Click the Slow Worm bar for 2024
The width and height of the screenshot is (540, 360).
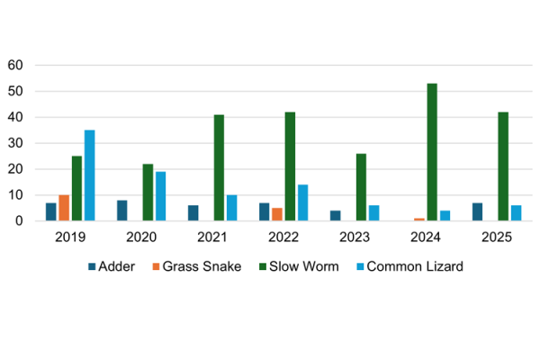(432, 152)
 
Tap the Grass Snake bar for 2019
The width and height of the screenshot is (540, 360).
(64, 208)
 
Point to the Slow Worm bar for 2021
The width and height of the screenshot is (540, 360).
(219, 167)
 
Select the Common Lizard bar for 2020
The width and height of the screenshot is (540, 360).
(160, 196)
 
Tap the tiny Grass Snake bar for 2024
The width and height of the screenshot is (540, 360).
(419, 220)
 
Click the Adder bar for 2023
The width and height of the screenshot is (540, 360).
(336, 216)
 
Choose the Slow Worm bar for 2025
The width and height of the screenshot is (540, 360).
(503, 166)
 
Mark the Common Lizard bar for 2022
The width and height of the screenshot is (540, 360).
(303, 202)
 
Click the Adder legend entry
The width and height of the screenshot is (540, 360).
(112, 267)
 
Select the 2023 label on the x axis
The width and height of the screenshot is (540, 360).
(348, 237)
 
